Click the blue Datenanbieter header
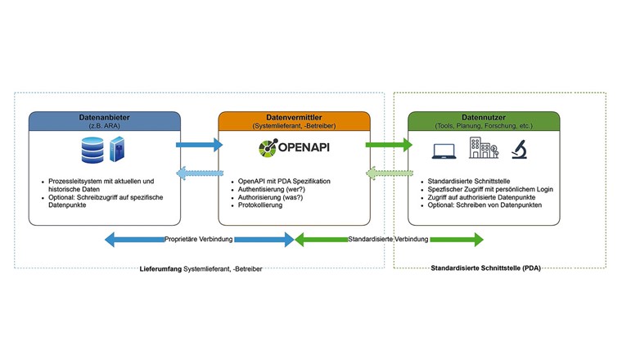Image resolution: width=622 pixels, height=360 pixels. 104,122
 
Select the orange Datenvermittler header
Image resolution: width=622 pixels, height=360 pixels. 294,122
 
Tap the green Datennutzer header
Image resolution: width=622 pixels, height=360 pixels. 484,122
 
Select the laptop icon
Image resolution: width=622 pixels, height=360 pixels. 444,150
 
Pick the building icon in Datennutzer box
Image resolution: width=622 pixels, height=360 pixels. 482,148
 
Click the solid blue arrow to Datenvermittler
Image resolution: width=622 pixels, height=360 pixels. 199,145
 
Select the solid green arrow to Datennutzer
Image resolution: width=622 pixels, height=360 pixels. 389,145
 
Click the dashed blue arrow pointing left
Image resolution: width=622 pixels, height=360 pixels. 199,173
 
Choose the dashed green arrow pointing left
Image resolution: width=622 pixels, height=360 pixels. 389,173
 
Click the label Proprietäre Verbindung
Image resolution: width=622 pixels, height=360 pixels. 199,240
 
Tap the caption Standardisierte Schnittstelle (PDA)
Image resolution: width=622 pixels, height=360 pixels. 486,268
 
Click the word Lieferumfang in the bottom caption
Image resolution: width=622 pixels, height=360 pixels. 160,268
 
